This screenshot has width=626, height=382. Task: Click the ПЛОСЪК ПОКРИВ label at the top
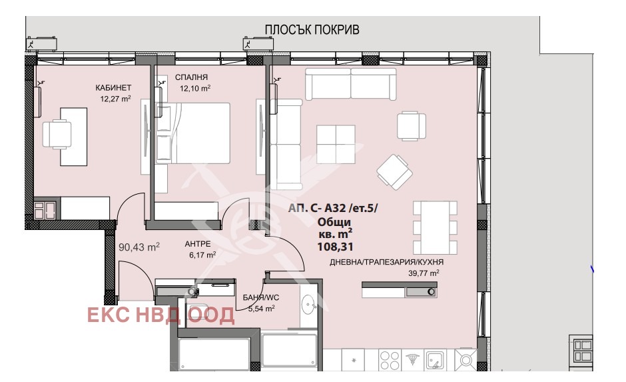pos(312,30)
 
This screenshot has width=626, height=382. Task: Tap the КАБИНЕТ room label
pos(113,88)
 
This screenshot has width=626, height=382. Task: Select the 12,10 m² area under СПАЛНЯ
pos(194,88)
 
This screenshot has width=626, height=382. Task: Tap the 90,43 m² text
pos(139,247)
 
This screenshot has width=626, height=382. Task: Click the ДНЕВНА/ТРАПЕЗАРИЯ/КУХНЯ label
pos(386,262)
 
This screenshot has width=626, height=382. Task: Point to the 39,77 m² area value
pos(424,273)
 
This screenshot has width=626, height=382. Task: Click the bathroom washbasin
pos(308,306)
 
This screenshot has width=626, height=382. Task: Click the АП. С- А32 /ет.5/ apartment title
pos(333,209)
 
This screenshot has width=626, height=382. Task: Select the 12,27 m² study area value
pos(113,99)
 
